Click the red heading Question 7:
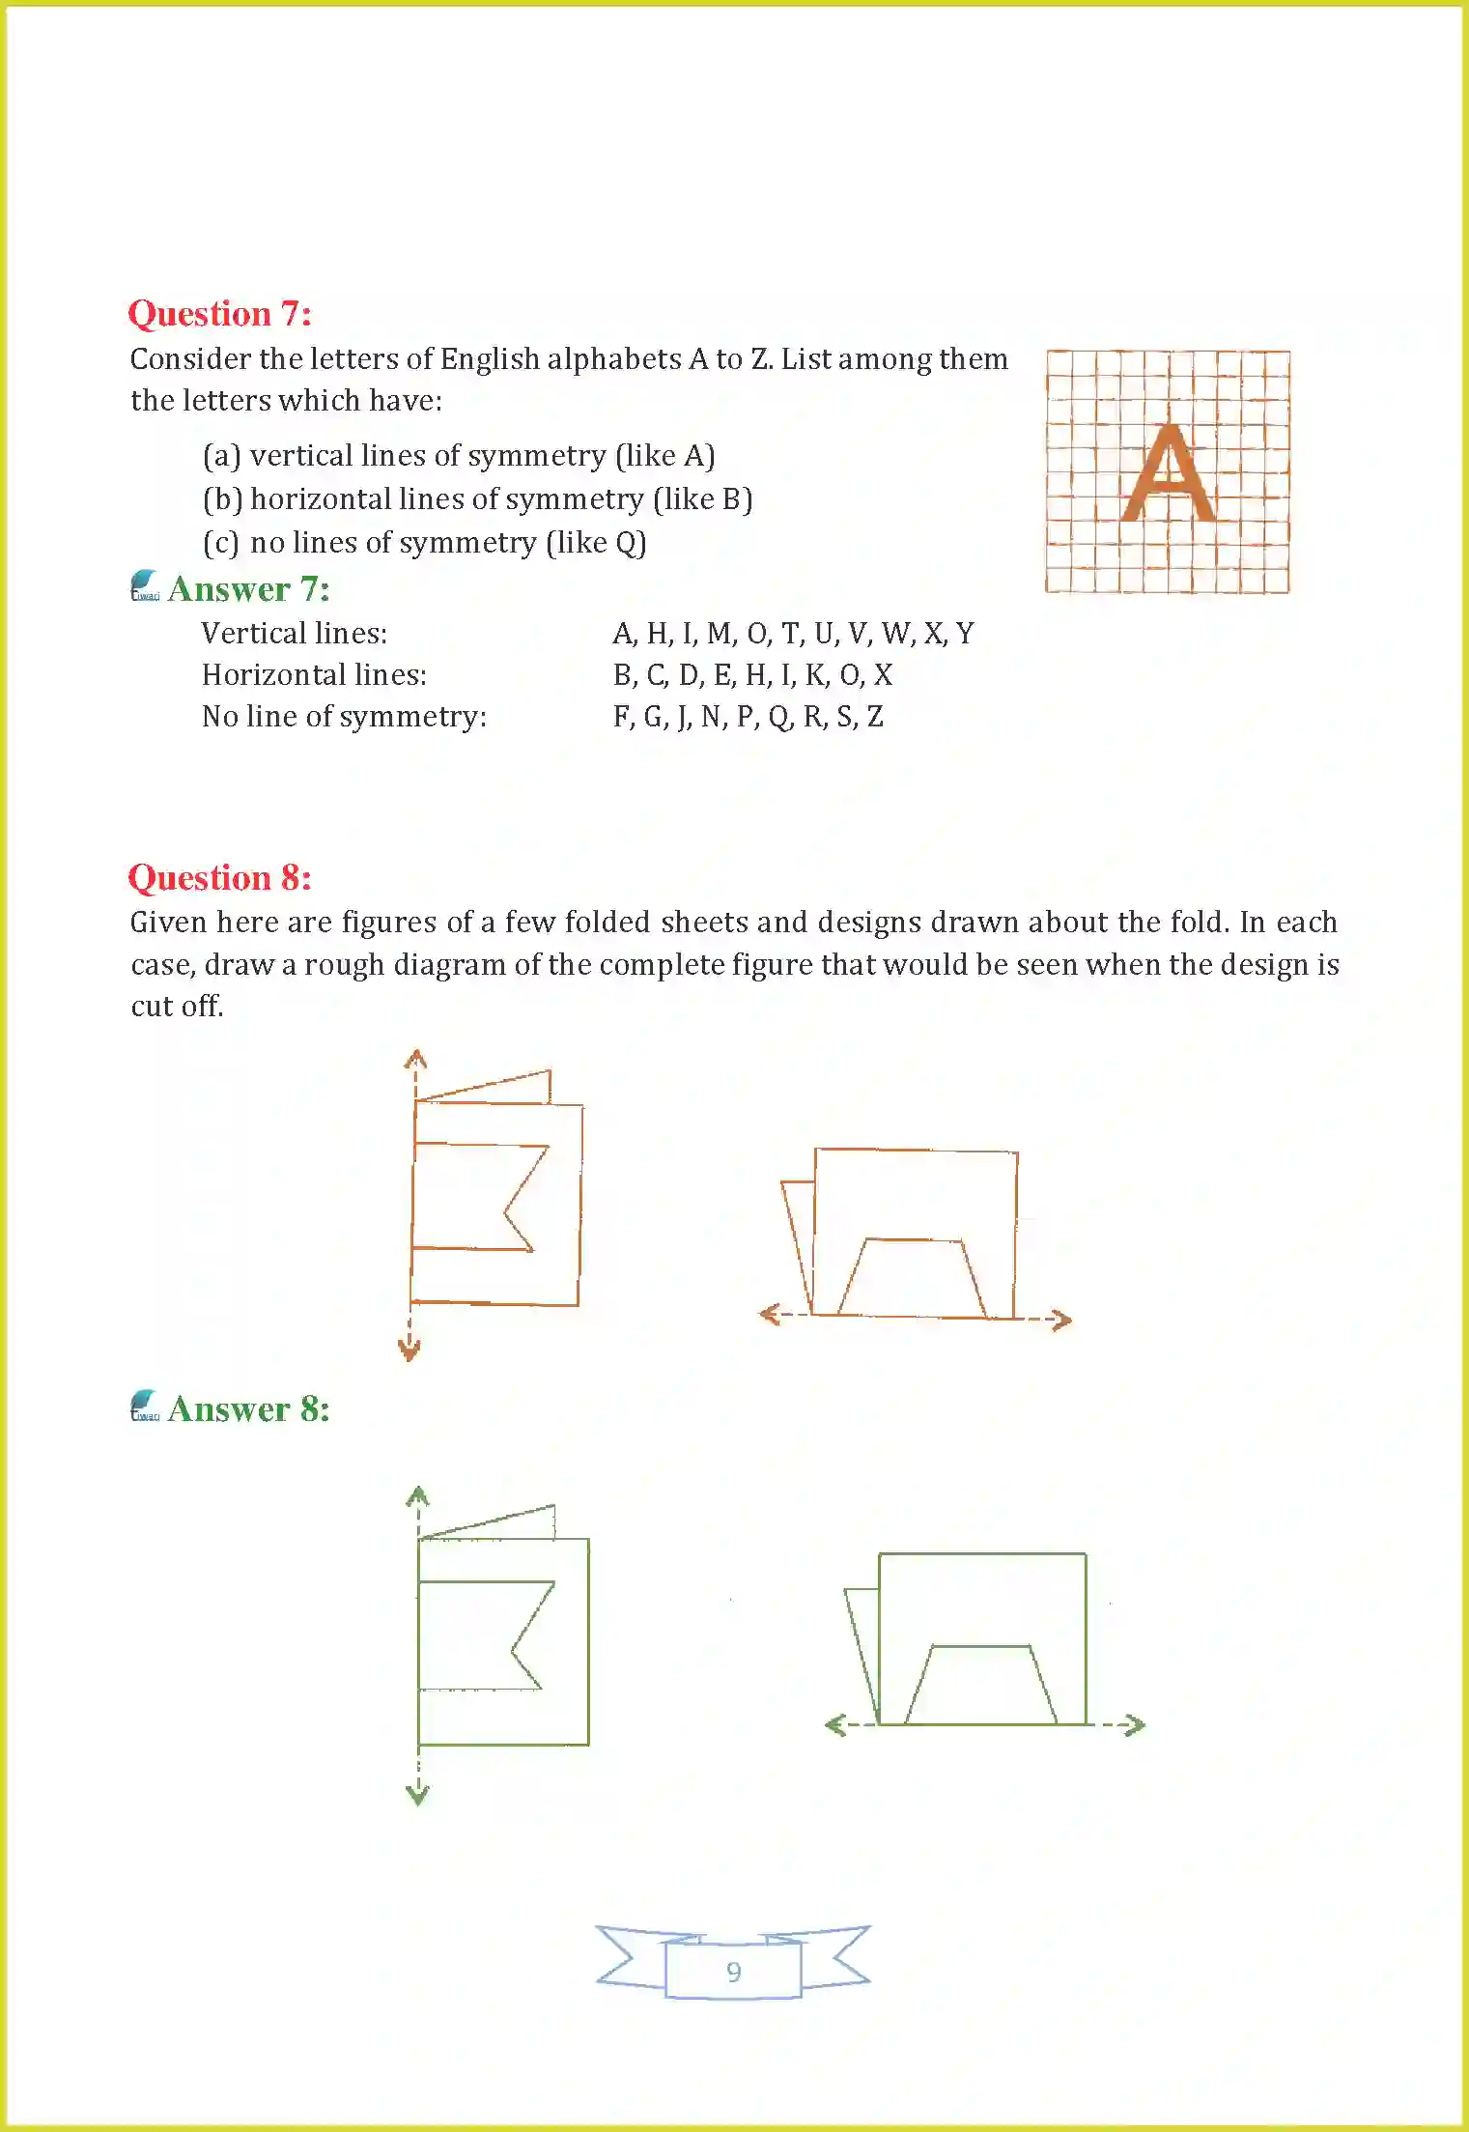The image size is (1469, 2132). point(219,314)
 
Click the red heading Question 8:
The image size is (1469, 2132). point(219,878)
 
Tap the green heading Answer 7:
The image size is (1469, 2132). point(248,589)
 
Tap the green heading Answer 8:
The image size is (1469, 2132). point(248,1409)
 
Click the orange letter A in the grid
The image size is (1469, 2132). point(1168,474)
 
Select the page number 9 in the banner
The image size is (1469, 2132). point(734,1972)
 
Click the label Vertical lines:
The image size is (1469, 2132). point(294,634)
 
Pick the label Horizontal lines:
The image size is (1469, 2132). point(314,675)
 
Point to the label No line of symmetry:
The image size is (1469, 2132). point(344,717)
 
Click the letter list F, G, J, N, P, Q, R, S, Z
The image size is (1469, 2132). point(748,717)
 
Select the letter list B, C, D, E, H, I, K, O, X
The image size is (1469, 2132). point(752,675)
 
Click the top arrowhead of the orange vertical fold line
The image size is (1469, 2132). point(415,1057)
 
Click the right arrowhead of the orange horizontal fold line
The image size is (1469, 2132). point(1061,1320)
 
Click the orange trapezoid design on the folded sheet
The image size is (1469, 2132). point(913,1277)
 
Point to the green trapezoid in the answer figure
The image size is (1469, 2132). point(980,1685)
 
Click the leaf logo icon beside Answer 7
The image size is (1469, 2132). point(145,585)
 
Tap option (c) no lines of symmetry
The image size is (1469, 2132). point(424,543)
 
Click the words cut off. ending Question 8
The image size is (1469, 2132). point(177,1007)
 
